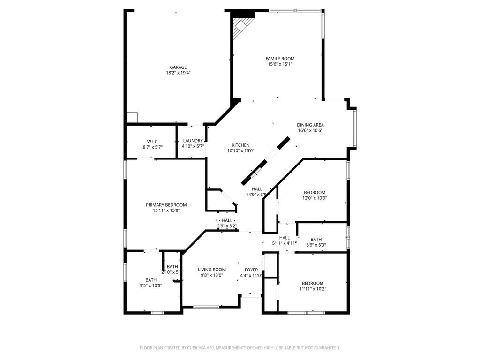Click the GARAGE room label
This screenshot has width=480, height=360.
178,67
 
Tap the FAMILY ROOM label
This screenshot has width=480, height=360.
280,59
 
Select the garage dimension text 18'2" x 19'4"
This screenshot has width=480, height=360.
178,73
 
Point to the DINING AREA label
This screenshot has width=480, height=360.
310,125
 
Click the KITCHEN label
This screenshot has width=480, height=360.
240,145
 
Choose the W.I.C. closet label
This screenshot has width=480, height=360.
152,142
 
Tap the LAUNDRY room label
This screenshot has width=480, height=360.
193,141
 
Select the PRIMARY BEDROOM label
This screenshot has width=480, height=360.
166,205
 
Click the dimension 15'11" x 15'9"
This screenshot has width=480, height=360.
166,210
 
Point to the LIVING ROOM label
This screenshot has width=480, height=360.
212,270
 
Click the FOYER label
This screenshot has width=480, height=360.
251,270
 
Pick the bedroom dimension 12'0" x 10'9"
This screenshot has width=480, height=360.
315,198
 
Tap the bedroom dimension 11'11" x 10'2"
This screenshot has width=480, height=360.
313,289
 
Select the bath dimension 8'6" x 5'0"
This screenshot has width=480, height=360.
316,245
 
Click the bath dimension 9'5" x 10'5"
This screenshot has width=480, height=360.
150,285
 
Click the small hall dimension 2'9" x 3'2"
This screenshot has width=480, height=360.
227,226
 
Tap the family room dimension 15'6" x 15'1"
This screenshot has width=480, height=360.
280,64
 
